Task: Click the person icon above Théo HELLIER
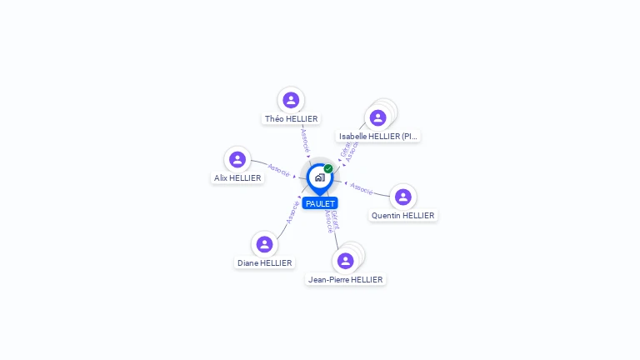(x=291, y=100)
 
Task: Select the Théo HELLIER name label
(x=291, y=119)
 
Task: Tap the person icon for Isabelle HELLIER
(x=377, y=117)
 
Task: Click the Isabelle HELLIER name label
(x=378, y=136)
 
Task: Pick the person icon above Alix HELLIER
(x=237, y=159)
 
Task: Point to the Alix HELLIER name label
(x=237, y=178)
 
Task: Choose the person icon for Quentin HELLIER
(x=403, y=197)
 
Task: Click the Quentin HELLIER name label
(x=403, y=215)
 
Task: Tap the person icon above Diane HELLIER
(x=264, y=244)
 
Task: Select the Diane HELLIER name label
(x=264, y=263)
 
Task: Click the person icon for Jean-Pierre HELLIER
(x=345, y=261)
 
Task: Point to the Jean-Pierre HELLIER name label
(x=345, y=280)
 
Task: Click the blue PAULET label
(x=320, y=203)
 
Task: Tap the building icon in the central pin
(x=319, y=177)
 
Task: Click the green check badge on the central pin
(x=328, y=168)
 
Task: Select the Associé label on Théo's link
(x=304, y=139)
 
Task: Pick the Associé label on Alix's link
(x=278, y=171)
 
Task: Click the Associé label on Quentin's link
(x=362, y=188)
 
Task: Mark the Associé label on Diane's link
(x=292, y=212)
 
